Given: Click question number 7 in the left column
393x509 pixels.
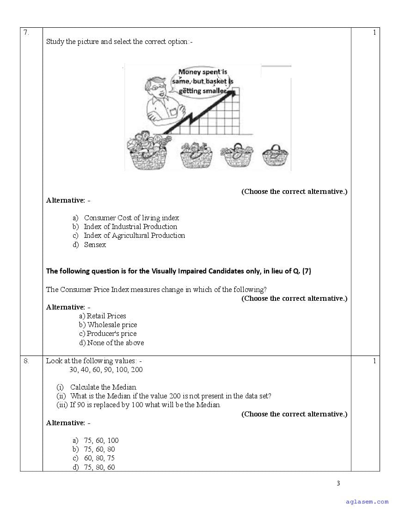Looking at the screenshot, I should (x=26, y=32).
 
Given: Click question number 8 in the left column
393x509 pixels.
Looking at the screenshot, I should (x=26, y=361).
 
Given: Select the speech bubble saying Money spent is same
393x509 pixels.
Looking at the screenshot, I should (x=203, y=81).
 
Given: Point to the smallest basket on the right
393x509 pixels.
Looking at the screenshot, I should (x=276, y=155).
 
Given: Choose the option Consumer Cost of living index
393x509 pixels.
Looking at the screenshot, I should (x=131, y=218).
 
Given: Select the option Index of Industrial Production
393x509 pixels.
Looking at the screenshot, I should (x=130, y=227).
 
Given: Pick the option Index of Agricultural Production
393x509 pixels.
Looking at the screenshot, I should (x=134, y=236).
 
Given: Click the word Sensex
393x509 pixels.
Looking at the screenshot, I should (x=95, y=245).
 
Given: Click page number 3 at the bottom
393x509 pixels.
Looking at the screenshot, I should (x=338, y=484).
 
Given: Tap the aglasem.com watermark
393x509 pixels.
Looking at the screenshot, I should (x=367, y=501).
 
